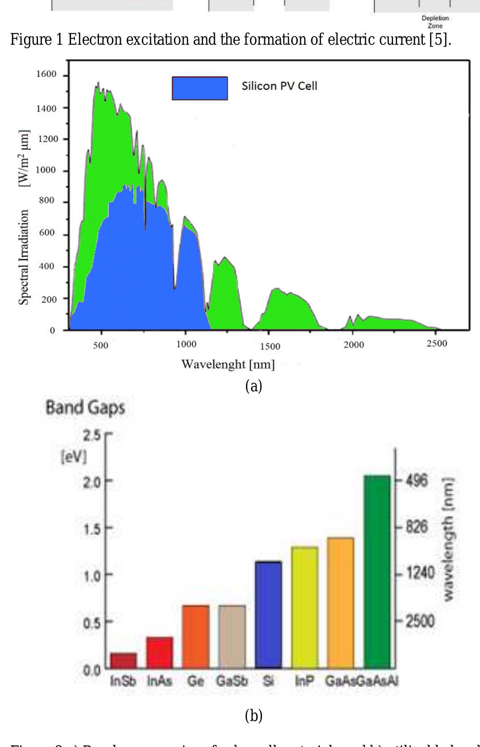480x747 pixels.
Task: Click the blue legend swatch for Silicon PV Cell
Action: tap(200, 88)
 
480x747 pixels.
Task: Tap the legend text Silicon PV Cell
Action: tap(279, 86)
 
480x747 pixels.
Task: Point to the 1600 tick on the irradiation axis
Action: tap(46, 74)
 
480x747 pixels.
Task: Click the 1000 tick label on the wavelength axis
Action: tap(186, 344)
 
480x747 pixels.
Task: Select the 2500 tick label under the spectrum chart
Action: tap(436, 344)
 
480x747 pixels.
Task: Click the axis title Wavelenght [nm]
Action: tap(228, 364)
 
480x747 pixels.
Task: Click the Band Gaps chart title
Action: tap(86, 408)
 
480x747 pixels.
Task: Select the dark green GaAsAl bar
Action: tap(377, 572)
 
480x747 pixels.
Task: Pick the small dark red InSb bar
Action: tap(123, 660)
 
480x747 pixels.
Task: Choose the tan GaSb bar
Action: tap(232, 636)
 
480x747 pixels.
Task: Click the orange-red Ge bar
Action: tap(196, 636)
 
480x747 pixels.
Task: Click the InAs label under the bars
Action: tap(160, 681)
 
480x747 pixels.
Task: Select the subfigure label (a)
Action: tap(254, 386)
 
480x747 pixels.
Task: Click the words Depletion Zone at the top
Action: tap(435, 22)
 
